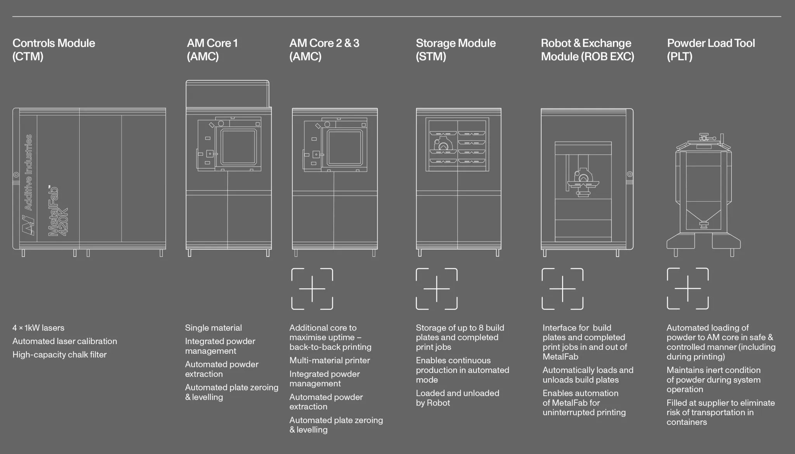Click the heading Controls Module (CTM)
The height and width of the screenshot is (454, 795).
(x=54, y=50)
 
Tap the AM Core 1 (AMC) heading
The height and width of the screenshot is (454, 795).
(x=212, y=50)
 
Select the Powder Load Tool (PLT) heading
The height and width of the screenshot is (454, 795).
(x=711, y=50)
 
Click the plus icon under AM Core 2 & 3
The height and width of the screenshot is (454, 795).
(x=312, y=289)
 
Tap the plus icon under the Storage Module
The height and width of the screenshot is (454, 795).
(x=437, y=289)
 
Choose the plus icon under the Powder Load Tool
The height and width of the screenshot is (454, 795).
(x=688, y=289)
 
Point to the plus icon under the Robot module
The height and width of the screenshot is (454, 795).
(x=562, y=289)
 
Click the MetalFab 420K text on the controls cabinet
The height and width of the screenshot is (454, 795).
(x=58, y=210)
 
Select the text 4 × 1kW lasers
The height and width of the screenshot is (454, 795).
(x=38, y=328)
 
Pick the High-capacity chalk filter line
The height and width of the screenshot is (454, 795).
(x=59, y=355)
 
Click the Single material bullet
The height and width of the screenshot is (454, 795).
(x=214, y=328)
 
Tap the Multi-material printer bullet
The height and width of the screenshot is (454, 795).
(x=330, y=360)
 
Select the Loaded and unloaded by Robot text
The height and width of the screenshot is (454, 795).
(x=457, y=398)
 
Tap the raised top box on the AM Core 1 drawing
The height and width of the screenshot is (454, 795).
(x=227, y=94)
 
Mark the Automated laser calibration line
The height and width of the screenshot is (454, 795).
(x=64, y=341)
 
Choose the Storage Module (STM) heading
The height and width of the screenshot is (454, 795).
(x=456, y=50)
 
